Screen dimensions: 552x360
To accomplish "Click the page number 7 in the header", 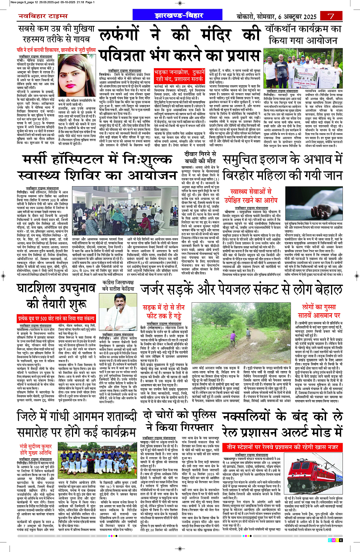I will coord(331,16).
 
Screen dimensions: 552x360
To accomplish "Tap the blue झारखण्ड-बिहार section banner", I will coord(179,16).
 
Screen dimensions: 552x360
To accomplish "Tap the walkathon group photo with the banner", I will coord(302,69).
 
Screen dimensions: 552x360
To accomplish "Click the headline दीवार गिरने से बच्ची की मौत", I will coord(199,157).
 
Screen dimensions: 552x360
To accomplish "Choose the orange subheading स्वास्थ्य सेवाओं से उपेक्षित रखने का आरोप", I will coord(251,196).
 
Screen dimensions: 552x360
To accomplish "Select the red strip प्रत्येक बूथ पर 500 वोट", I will coord(56,318).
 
